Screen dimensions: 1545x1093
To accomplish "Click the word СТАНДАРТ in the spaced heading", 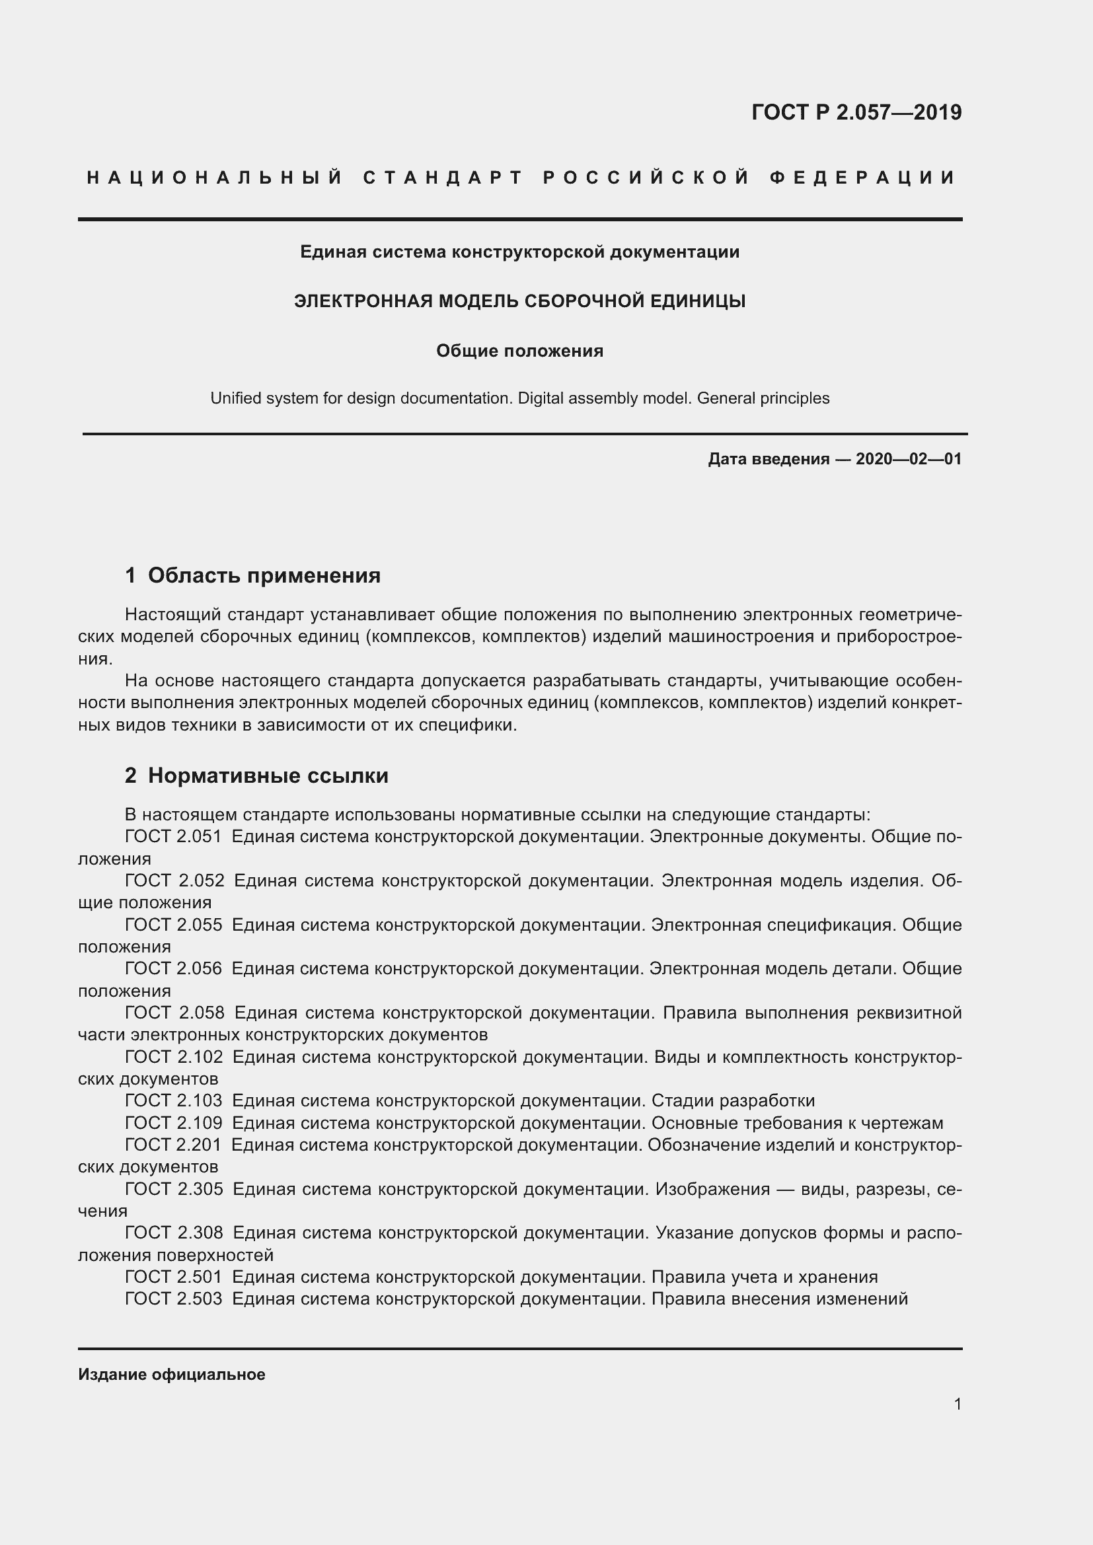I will point(443,178).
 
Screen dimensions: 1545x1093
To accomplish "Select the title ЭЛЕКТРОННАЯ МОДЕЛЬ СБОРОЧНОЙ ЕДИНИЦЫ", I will point(519,301).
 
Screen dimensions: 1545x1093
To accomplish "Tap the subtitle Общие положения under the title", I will point(519,351).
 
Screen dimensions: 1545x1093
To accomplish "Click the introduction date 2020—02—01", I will point(908,459).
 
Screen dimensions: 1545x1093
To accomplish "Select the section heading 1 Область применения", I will point(252,575).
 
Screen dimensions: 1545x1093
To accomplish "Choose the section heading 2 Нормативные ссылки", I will point(256,775).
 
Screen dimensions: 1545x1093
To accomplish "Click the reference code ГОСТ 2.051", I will point(173,836).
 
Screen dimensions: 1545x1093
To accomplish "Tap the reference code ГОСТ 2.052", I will point(174,880).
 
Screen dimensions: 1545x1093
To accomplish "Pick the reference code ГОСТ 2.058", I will point(174,1012).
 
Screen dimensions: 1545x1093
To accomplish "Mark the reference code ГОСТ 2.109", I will point(173,1122).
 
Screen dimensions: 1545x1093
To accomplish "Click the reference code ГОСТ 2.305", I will point(174,1188).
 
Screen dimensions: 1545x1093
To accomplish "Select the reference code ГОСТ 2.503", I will point(173,1298).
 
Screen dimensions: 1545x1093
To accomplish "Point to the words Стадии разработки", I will point(733,1100).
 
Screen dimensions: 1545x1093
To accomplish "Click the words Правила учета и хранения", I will point(765,1277).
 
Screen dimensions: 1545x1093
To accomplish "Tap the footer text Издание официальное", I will point(172,1374).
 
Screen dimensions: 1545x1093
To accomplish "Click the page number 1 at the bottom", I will point(958,1404).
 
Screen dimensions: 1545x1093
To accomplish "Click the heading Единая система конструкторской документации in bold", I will point(519,252).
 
